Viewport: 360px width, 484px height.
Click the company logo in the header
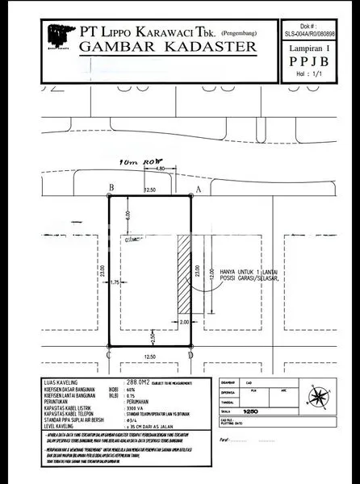(56, 35)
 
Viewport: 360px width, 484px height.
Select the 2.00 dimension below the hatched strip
(183, 321)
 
